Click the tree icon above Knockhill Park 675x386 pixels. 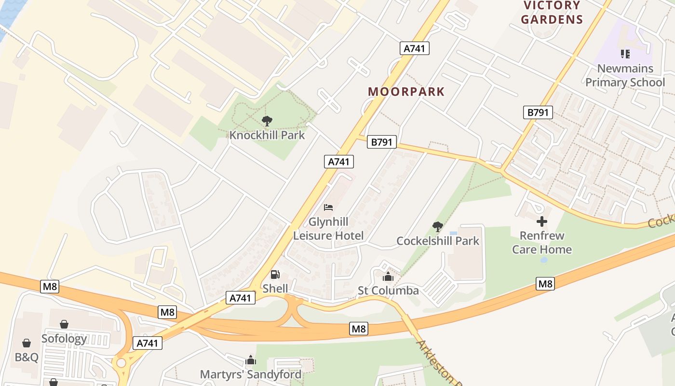267,121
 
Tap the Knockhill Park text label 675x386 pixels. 267,135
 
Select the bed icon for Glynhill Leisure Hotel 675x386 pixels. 328,208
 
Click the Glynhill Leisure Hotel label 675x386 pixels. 328,229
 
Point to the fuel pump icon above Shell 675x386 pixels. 275,275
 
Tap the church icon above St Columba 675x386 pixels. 388,277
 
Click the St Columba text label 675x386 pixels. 388,290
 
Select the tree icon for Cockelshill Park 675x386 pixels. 438,226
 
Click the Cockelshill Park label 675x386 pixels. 438,240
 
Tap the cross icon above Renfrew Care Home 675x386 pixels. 542,221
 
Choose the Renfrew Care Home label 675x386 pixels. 542,242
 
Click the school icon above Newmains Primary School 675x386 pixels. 625,54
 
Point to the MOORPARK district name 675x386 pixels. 406,92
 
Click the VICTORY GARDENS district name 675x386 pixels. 552,13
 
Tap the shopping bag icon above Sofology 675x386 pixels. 64,324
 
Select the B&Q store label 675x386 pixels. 26,357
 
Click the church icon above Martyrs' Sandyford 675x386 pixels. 251,360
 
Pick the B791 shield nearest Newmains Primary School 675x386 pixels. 538,112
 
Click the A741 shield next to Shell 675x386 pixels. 240,298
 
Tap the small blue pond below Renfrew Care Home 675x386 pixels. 544,260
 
